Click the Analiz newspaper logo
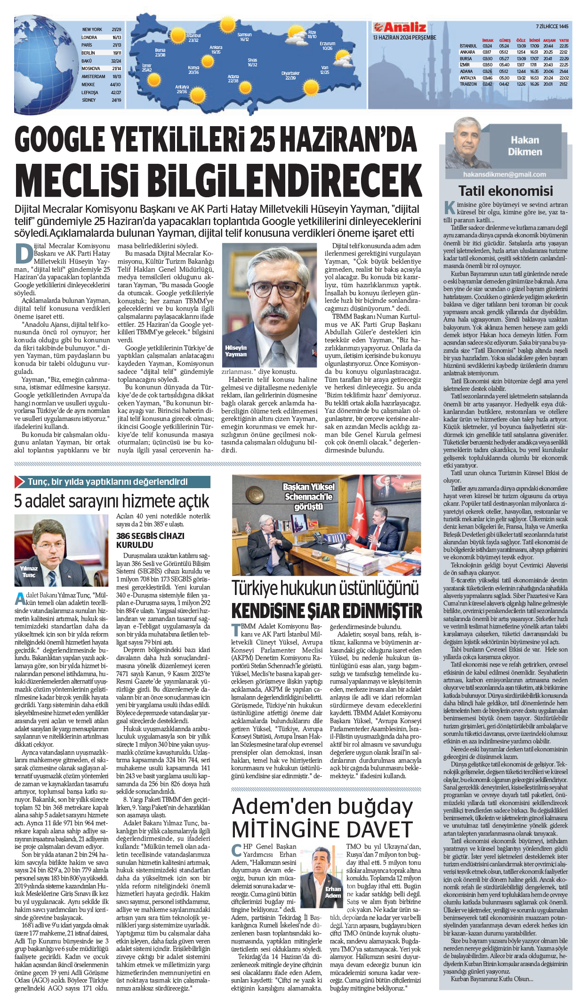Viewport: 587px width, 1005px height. [x=400, y=27]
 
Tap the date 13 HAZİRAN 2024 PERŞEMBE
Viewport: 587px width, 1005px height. [x=404, y=38]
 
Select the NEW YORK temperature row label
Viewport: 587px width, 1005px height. [x=92, y=30]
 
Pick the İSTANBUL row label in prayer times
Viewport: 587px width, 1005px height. [x=468, y=46]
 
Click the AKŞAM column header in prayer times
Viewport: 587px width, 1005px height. [x=549, y=40]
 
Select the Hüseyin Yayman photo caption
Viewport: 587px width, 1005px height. [x=236, y=351]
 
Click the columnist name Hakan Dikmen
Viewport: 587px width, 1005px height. [x=525, y=146]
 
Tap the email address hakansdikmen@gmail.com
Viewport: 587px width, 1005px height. [x=504, y=175]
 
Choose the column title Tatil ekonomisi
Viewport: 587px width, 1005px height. [x=506, y=191]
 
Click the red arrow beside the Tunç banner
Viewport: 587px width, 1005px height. [x=20, y=482]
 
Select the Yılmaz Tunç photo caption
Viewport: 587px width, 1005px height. [x=29, y=571]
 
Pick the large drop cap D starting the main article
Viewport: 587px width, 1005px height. [x=24, y=253]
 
